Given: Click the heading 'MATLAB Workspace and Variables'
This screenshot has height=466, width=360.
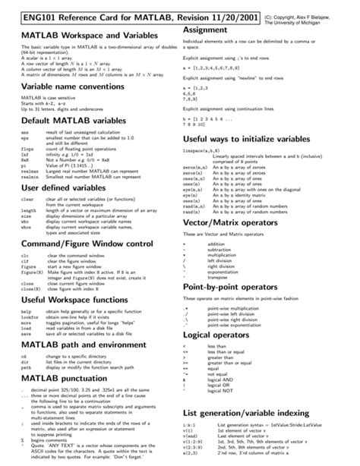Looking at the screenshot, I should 87,36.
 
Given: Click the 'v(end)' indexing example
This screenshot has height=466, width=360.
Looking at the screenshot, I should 191,436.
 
